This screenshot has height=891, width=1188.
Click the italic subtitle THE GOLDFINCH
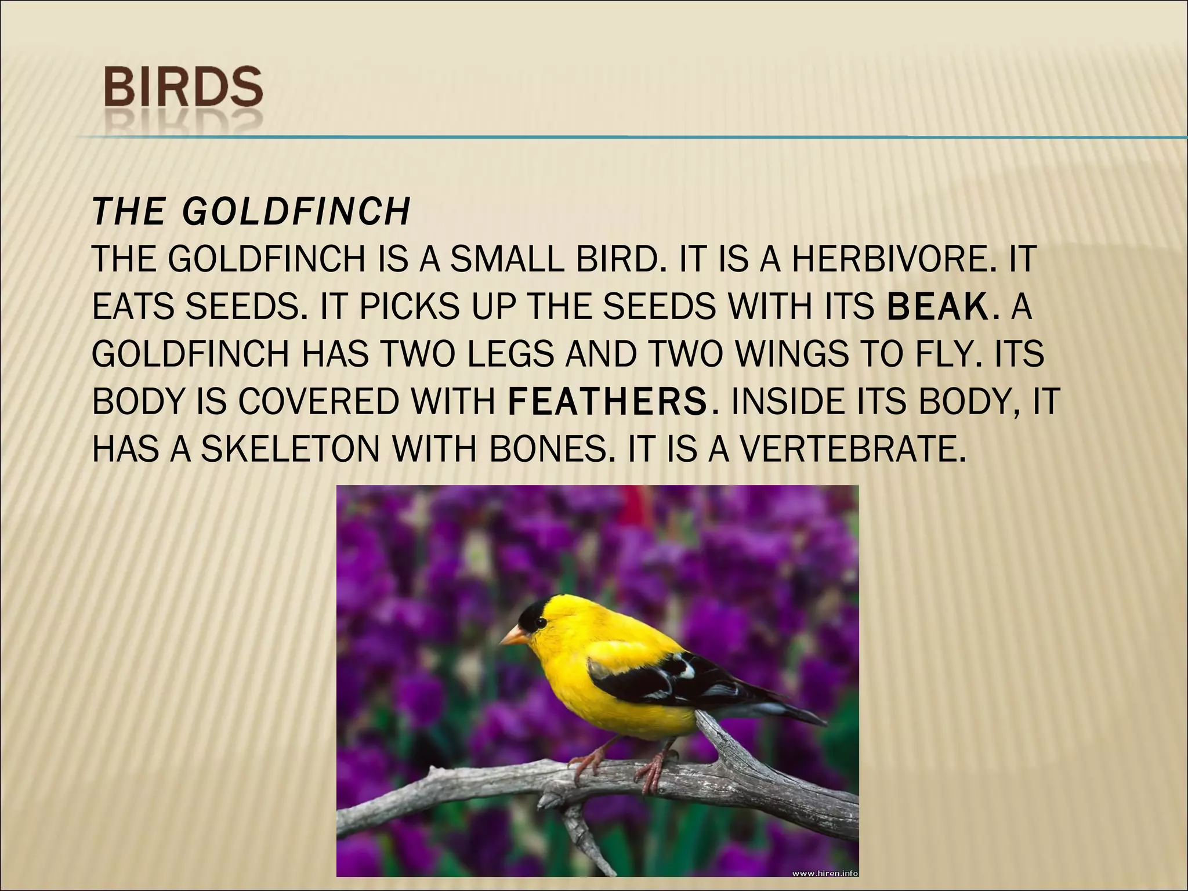[251, 212]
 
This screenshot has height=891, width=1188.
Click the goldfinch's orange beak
[513, 636]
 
